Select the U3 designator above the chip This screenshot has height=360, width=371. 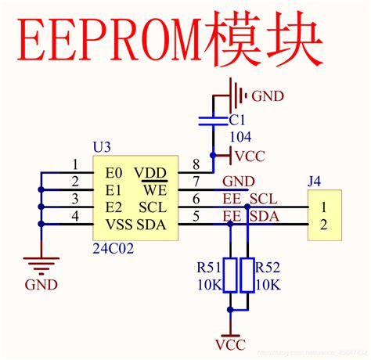click(x=102, y=147)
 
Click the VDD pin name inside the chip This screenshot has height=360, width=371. click(x=149, y=171)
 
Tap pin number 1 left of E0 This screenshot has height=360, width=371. click(x=75, y=164)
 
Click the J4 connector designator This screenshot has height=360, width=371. click(x=314, y=182)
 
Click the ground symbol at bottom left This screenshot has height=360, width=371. click(x=40, y=264)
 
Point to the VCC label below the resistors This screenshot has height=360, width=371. click(x=229, y=344)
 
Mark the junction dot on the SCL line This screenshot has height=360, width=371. click(x=247, y=207)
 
